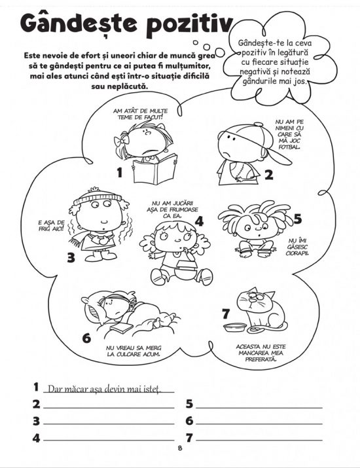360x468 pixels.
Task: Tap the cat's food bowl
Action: click(x=235, y=328)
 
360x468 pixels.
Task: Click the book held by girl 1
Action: click(x=155, y=169)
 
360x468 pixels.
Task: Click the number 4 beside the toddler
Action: click(x=199, y=221)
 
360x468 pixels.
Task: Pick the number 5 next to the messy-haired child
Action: click(x=298, y=219)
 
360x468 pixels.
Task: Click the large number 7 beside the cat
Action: click(x=226, y=314)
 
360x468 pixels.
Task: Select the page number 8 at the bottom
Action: click(x=180, y=448)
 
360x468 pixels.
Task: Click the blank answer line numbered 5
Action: click(x=259, y=407)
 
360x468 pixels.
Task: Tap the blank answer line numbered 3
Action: click(x=109, y=423)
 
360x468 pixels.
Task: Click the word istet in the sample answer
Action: click(x=152, y=389)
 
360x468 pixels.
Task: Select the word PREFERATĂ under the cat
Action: click(x=261, y=359)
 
